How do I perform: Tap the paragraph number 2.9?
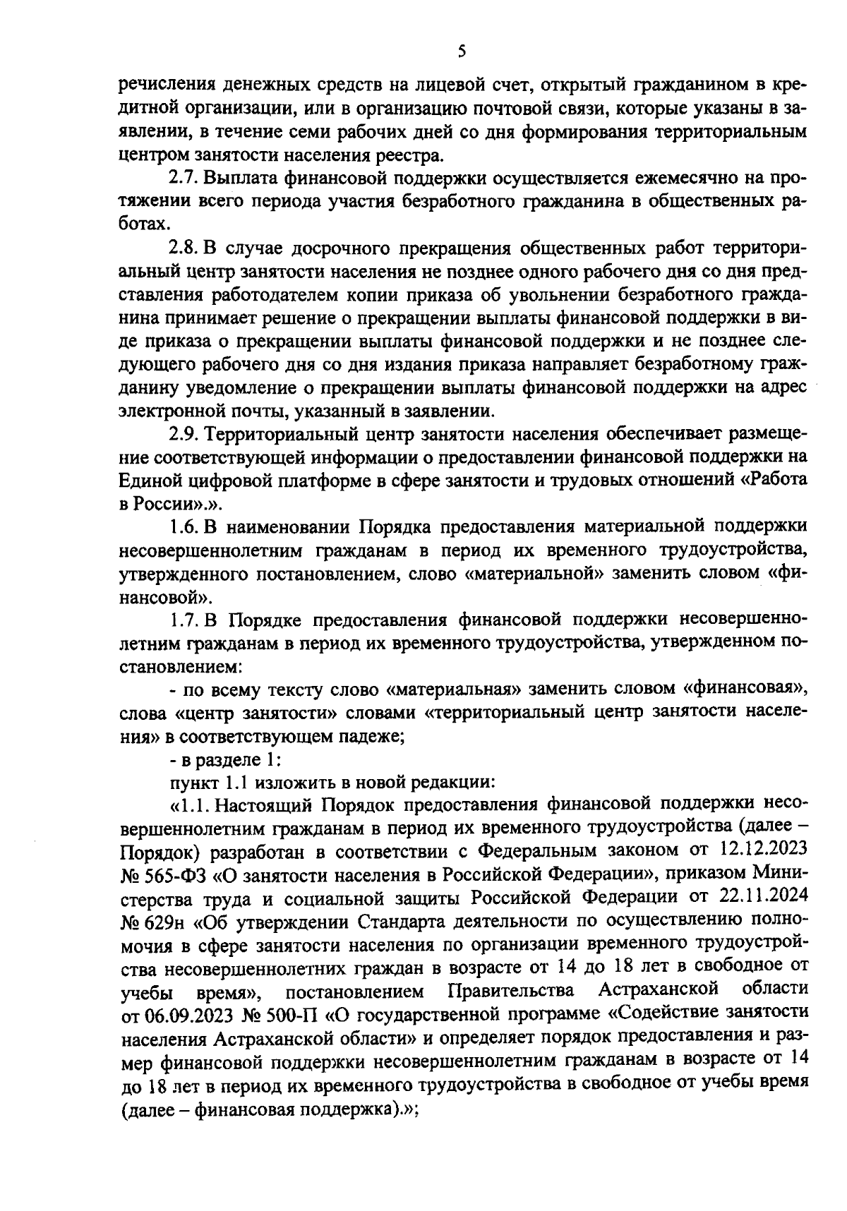tap(186, 433)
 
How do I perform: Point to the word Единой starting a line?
tap(150, 480)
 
